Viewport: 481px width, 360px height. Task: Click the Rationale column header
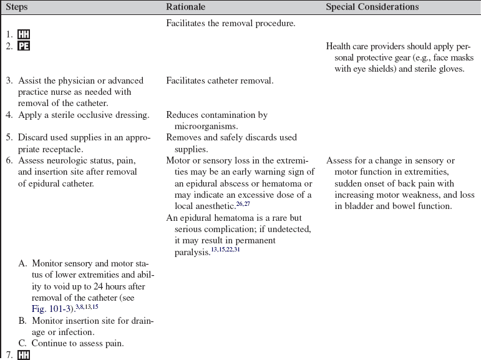pos(186,7)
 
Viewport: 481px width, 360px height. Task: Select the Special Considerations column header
pos(372,7)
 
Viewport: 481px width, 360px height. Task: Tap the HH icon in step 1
pos(24,35)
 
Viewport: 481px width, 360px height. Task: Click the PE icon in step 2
pos(24,46)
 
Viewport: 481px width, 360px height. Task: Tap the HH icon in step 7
pos(24,355)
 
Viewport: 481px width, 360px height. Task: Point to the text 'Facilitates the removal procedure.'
pos(230,24)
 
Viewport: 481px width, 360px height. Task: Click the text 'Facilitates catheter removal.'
pos(220,80)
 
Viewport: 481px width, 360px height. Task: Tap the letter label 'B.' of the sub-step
pos(23,321)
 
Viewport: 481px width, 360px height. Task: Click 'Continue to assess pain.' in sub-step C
pos(77,343)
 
